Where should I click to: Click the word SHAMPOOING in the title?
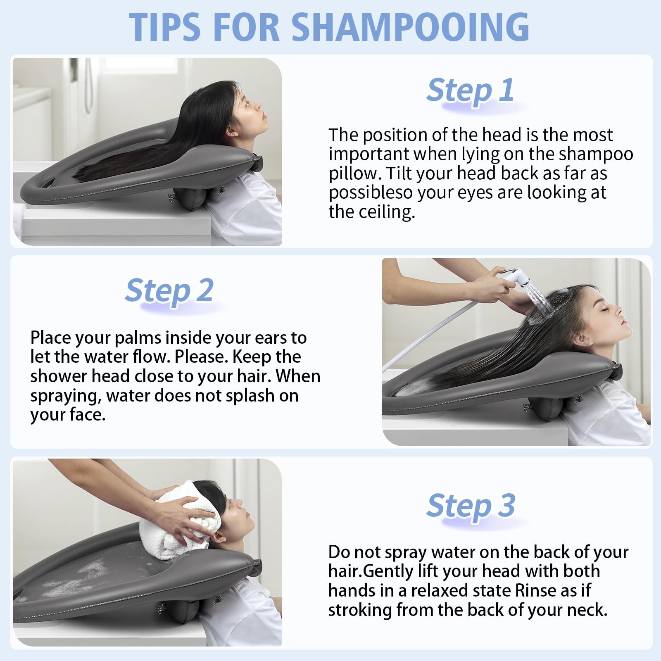(x=410, y=27)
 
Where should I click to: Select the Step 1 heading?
(x=471, y=90)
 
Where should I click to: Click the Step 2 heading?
(x=169, y=290)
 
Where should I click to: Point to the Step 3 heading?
(x=471, y=505)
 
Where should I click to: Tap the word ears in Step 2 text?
(x=262, y=338)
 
